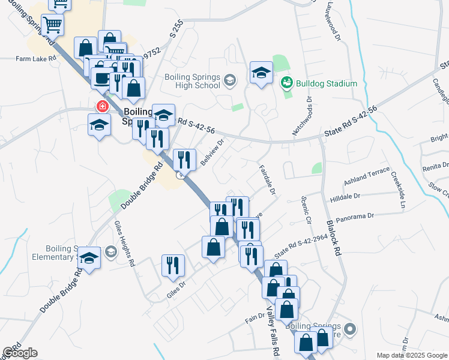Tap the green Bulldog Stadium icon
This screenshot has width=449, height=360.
286,83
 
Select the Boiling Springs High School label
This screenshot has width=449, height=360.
192,82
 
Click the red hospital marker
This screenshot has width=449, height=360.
102,107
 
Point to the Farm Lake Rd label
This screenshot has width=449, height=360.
36,59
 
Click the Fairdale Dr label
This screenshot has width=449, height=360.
268,181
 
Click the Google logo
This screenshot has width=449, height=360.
20,353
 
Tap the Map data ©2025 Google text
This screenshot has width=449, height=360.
412,355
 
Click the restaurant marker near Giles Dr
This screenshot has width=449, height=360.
173,265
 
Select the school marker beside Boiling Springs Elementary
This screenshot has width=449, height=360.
89,257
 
